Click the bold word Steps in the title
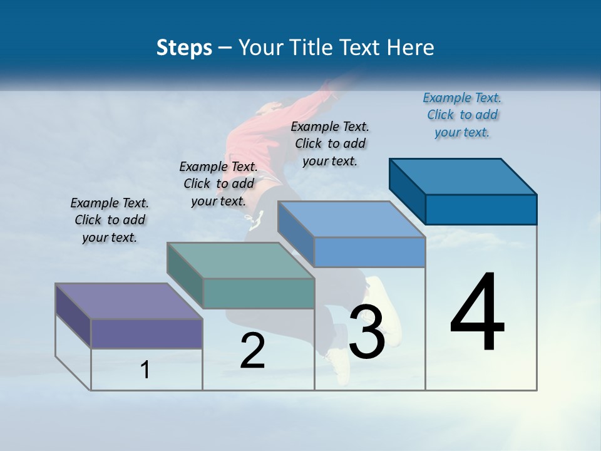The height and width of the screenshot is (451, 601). point(184,48)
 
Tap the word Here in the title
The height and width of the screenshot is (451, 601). point(411,48)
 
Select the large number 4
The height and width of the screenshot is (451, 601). point(477,313)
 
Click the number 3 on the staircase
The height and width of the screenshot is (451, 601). point(366,331)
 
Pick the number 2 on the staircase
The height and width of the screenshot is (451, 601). point(252,351)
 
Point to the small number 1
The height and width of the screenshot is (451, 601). point(145,370)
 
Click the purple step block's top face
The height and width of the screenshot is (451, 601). point(128,301)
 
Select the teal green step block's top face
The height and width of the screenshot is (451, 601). point(240,260)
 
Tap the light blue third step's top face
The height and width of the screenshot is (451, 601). point(351,219)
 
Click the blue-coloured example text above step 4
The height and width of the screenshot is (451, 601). point(462,115)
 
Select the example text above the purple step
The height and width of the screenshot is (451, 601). point(110,220)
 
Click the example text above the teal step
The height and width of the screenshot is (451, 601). point(218,184)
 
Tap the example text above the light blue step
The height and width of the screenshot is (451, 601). point(330,143)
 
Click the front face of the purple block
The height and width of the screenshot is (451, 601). point(146,333)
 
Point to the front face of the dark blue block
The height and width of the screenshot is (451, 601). point(481,209)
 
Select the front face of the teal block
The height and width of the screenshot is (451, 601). point(259,293)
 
